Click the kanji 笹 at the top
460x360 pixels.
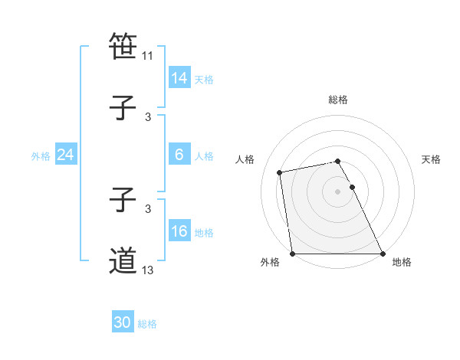(x=123, y=47)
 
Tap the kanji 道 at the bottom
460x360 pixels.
(x=123, y=261)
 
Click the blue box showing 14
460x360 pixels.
(x=179, y=78)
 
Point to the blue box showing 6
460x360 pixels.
(x=179, y=155)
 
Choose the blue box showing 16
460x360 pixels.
(x=179, y=231)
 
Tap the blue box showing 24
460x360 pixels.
(x=65, y=155)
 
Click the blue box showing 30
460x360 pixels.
(x=123, y=322)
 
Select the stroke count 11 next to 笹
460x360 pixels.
(x=148, y=56)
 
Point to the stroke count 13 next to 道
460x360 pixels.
(x=148, y=270)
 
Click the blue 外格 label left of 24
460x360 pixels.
(x=41, y=156)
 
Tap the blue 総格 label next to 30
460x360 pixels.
(x=147, y=324)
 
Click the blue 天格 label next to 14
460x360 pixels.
(x=204, y=79)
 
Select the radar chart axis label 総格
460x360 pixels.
(x=338, y=100)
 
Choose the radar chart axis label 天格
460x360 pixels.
(x=431, y=159)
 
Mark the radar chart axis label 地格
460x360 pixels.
(x=402, y=263)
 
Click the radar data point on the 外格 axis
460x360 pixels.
(x=293, y=254)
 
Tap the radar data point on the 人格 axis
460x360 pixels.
(x=281, y=172)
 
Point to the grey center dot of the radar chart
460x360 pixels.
(x=338, y=191)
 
